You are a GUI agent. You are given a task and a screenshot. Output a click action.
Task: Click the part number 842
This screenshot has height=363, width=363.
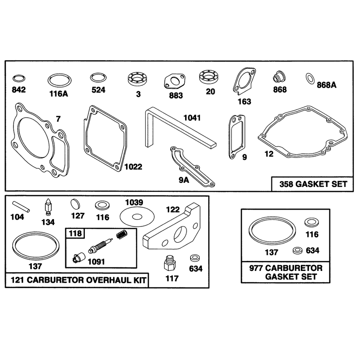[19, 89]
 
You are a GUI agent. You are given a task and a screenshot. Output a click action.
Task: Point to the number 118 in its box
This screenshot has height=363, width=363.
[75, 233]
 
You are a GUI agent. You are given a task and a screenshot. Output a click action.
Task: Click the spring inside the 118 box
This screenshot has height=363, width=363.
[122, 235]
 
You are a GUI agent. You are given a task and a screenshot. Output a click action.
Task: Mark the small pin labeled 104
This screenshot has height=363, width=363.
[21, 206]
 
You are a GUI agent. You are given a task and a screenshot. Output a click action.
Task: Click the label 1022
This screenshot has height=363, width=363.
[133, 167]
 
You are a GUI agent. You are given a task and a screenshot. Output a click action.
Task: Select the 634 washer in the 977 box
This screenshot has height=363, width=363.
[298, 250]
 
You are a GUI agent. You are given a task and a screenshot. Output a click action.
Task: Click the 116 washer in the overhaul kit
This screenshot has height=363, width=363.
[102, 205]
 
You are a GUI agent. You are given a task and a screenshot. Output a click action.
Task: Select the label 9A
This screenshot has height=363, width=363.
[184, 180]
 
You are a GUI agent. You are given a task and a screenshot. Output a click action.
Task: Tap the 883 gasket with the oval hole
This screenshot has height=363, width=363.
[175, 81]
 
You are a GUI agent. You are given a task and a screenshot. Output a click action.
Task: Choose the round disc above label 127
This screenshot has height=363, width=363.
[75, 204]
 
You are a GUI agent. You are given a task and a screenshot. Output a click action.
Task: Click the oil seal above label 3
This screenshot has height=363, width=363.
[138, 79]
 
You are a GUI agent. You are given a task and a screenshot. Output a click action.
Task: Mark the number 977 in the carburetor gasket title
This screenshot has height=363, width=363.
[256, 268]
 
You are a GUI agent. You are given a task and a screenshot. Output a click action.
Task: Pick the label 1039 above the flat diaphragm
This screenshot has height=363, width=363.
[134, 202]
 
